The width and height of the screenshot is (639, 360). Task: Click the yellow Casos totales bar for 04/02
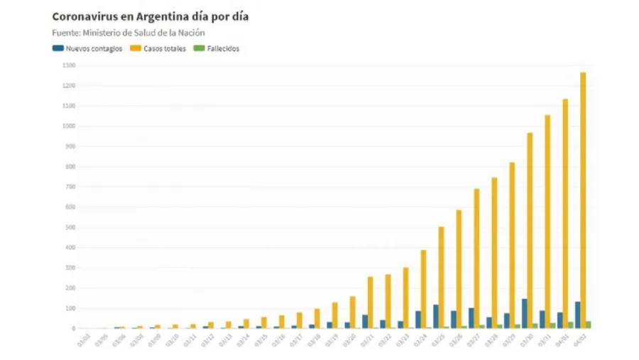[583, 200]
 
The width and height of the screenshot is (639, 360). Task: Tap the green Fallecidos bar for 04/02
[589, 324]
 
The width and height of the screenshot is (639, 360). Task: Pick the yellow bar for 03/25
[441, 277]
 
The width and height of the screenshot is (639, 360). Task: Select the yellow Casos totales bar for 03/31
[547, 222]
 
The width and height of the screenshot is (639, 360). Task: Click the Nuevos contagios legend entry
[87, 48]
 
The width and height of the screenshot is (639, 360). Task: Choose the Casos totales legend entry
[161, 48]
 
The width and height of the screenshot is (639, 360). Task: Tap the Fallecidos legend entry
[217, 48]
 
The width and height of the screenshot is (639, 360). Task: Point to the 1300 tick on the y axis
[68, 65]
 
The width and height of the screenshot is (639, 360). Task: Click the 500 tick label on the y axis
[69, 227]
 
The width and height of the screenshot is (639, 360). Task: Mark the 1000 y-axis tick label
[68, 126]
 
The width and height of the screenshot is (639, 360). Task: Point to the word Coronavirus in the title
[81, 16]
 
